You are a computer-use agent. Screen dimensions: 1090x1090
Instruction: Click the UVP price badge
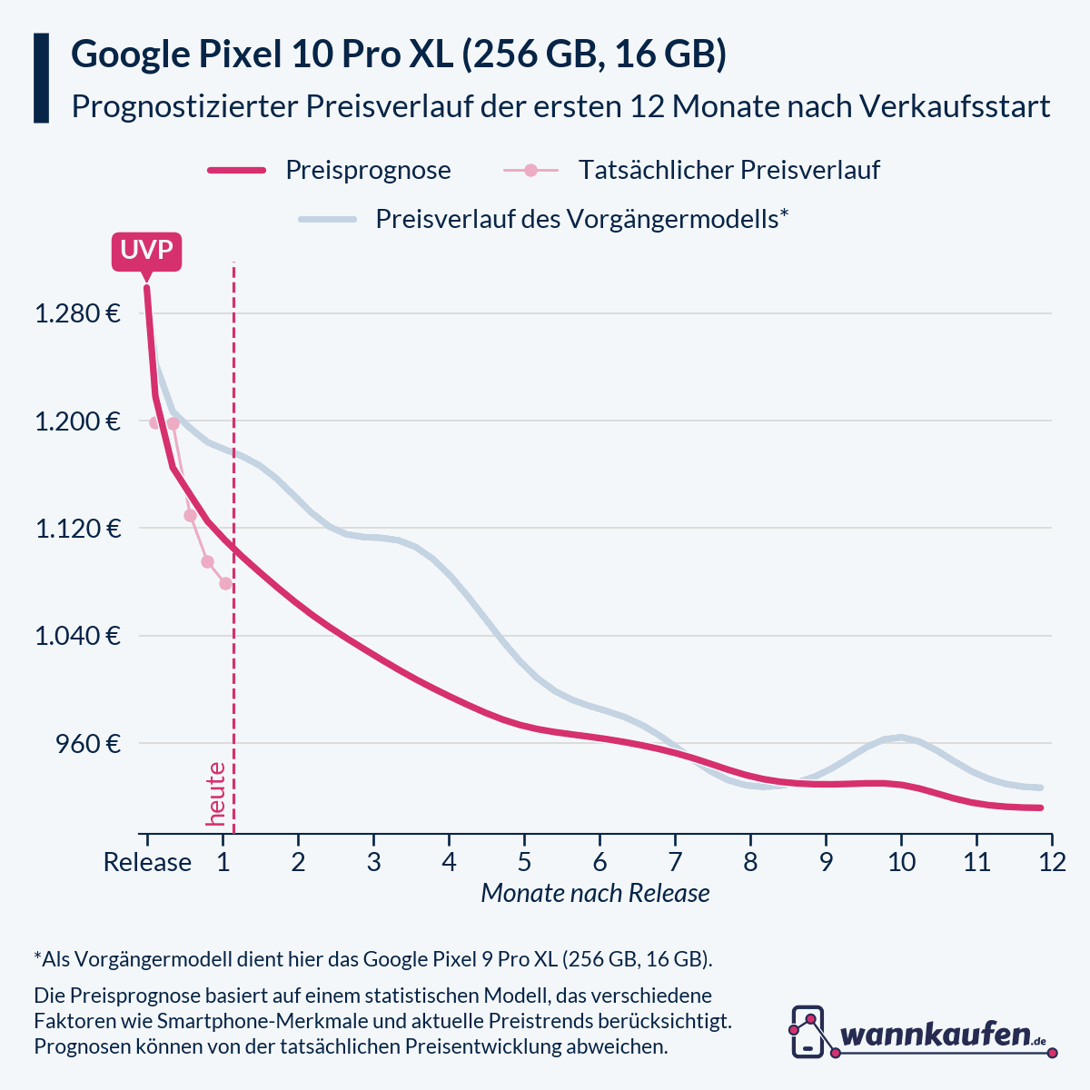pyautogui.click(x=146, y=251)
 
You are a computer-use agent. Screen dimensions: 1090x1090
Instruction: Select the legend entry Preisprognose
pyautogui.click(x=368, y=170)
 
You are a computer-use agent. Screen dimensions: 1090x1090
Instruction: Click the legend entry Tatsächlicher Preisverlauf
pyautogui.click(x=728, y=170)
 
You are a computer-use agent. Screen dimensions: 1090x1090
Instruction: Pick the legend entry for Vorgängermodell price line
pyautogui.click(x=581, y=219)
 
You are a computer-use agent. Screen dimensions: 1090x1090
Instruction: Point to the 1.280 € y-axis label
pyautogui.click(x=77, y=314)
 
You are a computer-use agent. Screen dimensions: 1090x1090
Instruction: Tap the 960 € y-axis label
pyautogui.click(x=87, y=743)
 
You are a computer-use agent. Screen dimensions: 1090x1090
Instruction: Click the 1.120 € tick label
pyautogui.click(x=77, y=529)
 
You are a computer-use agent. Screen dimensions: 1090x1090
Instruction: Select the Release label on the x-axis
pyautogui.click(x=147, y=861)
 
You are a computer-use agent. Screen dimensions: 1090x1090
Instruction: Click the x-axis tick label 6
pyautogui.click(x=599, y=861)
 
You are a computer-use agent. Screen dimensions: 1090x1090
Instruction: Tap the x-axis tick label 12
pyautogui.click(x=1052, y=861)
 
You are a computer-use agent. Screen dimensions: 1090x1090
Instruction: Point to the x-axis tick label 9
pyautogui.click(x=826, y=861)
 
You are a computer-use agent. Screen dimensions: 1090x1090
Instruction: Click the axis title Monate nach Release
pyautogui.click(x=595, y=893)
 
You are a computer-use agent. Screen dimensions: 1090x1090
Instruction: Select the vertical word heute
pyautogui.click(x=216, y=794)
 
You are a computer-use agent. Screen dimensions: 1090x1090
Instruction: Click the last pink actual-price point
pyautogui.click(x=225, y=583)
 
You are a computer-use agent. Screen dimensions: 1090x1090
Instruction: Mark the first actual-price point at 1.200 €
pyautogui.click(x=155, y=422)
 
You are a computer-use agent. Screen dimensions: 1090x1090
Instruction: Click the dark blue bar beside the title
pyautogui.click(x=41, y=78)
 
